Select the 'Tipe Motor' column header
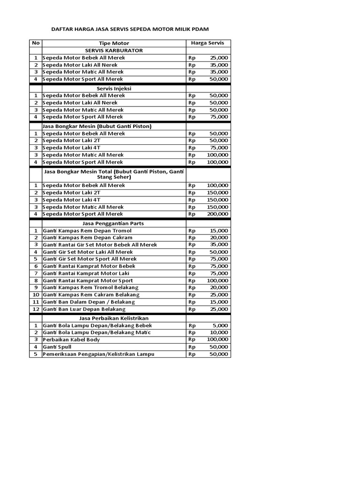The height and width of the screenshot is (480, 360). click(x=114, y=43)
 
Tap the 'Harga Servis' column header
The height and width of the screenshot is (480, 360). click(x=208, y=43)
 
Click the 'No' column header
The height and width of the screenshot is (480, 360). click(x=36, y=43)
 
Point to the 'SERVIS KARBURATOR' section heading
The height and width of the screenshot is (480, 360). click(x=114, y=50)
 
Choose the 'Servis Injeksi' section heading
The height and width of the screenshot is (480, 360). click(x=114, y=88)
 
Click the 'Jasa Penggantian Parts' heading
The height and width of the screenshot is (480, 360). click(x=114, y=223)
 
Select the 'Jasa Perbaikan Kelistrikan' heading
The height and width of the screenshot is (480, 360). click(x=114, y=318)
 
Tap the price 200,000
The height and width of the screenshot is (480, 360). click(x=217, y=214)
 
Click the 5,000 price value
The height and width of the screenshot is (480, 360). click(x=220, y=325)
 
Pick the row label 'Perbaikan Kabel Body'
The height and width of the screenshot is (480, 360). click(x=71, y=339)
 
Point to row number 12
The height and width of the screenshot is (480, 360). click(x=36, y=309)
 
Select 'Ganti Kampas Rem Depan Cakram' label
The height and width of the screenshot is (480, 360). click(x=87, y=238)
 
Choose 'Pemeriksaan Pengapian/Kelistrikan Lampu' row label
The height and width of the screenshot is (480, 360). click(x=98, y=354)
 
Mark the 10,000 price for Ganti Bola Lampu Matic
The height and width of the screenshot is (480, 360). click(x=219, y=332)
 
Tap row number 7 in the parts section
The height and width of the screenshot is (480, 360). click(x=36, y=273)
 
